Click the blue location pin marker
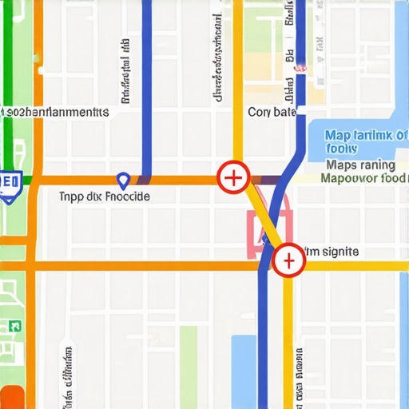point(122,181)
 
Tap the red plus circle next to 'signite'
point(288,260)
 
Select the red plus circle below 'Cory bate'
point(233,177)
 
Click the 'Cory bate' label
point(272,113)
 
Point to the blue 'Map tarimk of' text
point(366,135)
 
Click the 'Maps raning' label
point(361,165)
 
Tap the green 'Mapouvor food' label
point(363,179)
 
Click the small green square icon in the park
point(14,325)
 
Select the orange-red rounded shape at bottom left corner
point(13,396)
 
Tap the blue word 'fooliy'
point(342,149)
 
